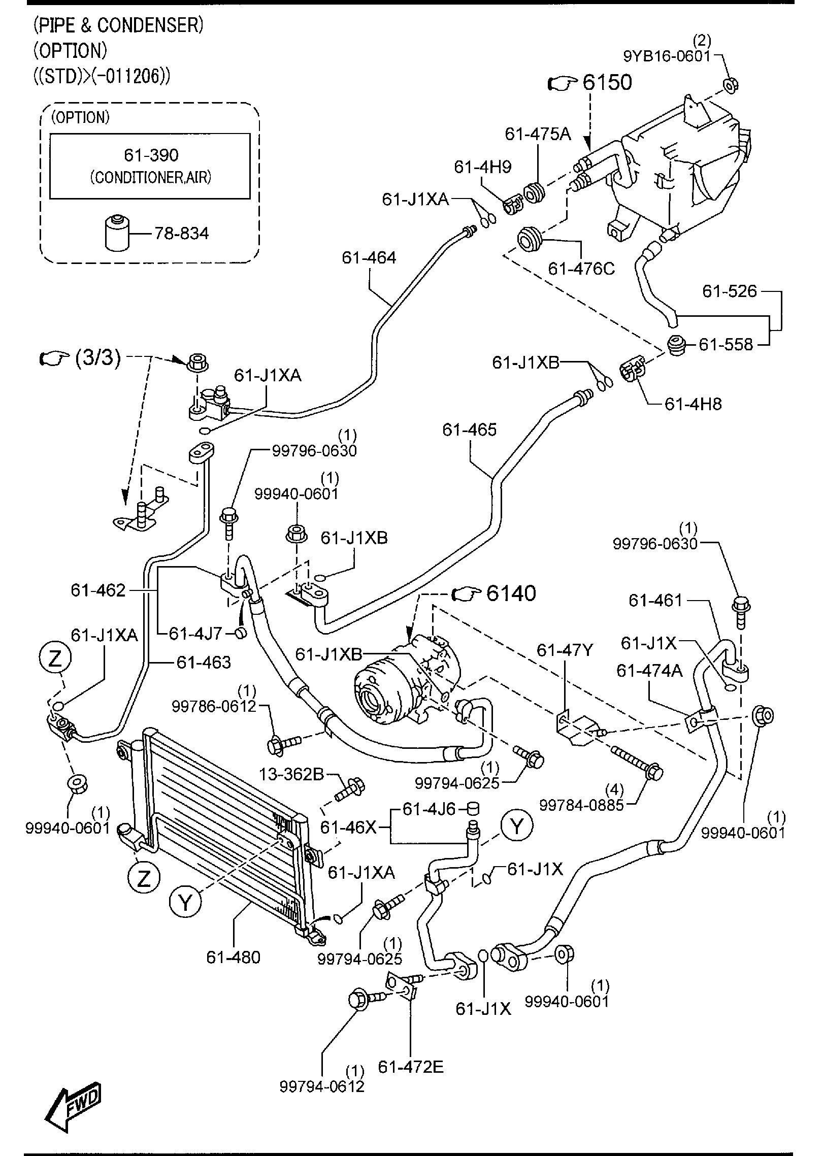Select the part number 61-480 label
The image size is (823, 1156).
[x=233, y=957]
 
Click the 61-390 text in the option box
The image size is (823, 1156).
[x=151, y=155]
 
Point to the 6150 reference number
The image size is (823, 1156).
[x=607, y=82]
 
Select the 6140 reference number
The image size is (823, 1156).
[x=511, y=593]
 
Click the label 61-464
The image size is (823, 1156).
[x=369, y=258]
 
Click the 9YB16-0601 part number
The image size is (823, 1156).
[x=667, y=56]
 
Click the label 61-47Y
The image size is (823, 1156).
[x=565, y=650]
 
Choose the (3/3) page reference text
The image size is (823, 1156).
[x=98, y=358]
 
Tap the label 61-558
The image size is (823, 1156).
[x=726, y=345]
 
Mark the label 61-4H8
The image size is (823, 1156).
[x=693, y=404]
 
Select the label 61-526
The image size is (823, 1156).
[x=729, y=291]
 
